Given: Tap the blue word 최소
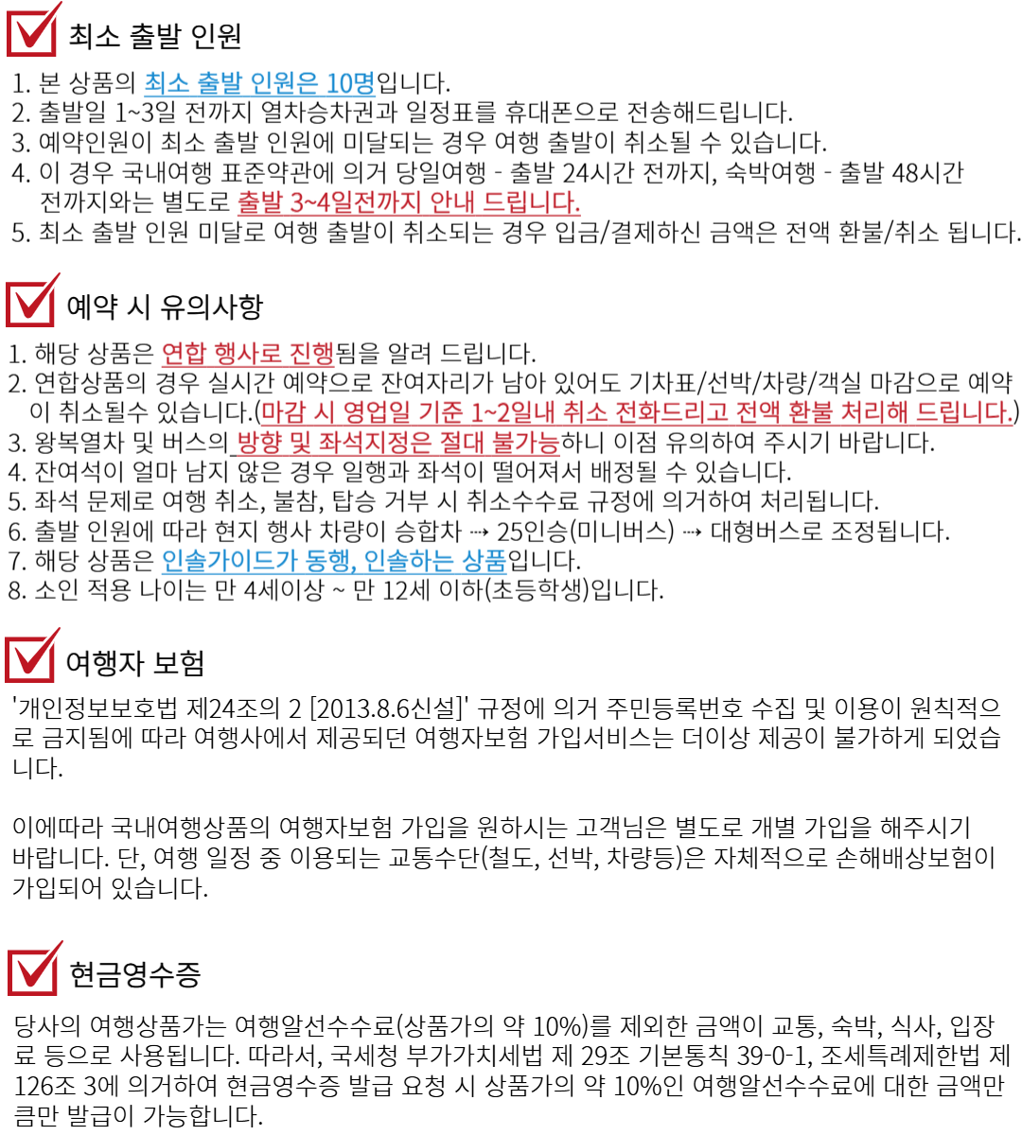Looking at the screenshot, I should [167, 83].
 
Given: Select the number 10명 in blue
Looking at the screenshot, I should [350, 83].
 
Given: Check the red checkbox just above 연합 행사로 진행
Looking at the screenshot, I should [31, 303].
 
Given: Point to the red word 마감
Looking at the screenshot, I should [282, 413].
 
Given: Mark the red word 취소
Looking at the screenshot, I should [585, 413].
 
